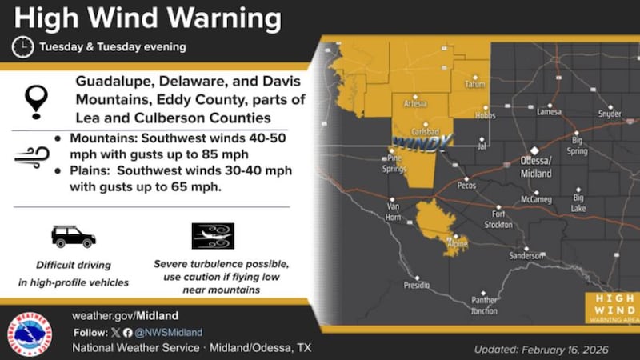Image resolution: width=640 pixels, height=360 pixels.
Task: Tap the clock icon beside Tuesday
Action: (22, 47)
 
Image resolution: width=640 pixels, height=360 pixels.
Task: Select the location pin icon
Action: (37, 102)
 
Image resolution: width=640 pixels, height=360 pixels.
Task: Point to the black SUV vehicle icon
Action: (73, 236)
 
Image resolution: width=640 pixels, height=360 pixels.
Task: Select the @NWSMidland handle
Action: (169, 332)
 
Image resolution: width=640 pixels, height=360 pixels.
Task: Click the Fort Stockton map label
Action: (499, 219)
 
